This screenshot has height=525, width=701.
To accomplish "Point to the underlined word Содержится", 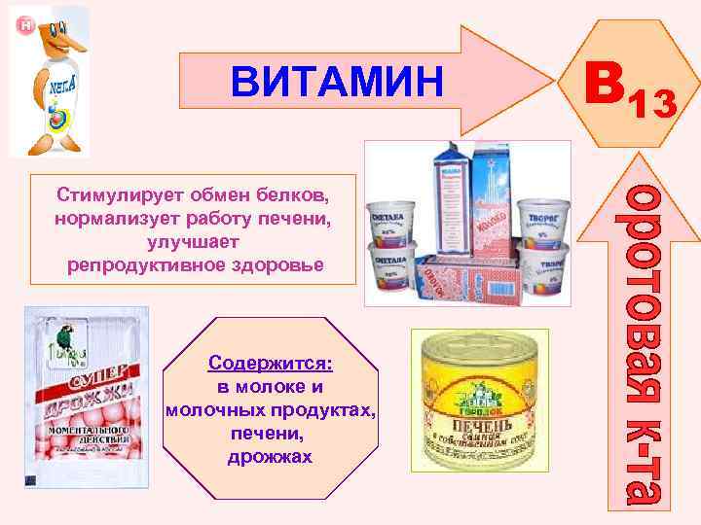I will [270, 363].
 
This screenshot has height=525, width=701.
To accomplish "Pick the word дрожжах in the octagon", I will [270, 456].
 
